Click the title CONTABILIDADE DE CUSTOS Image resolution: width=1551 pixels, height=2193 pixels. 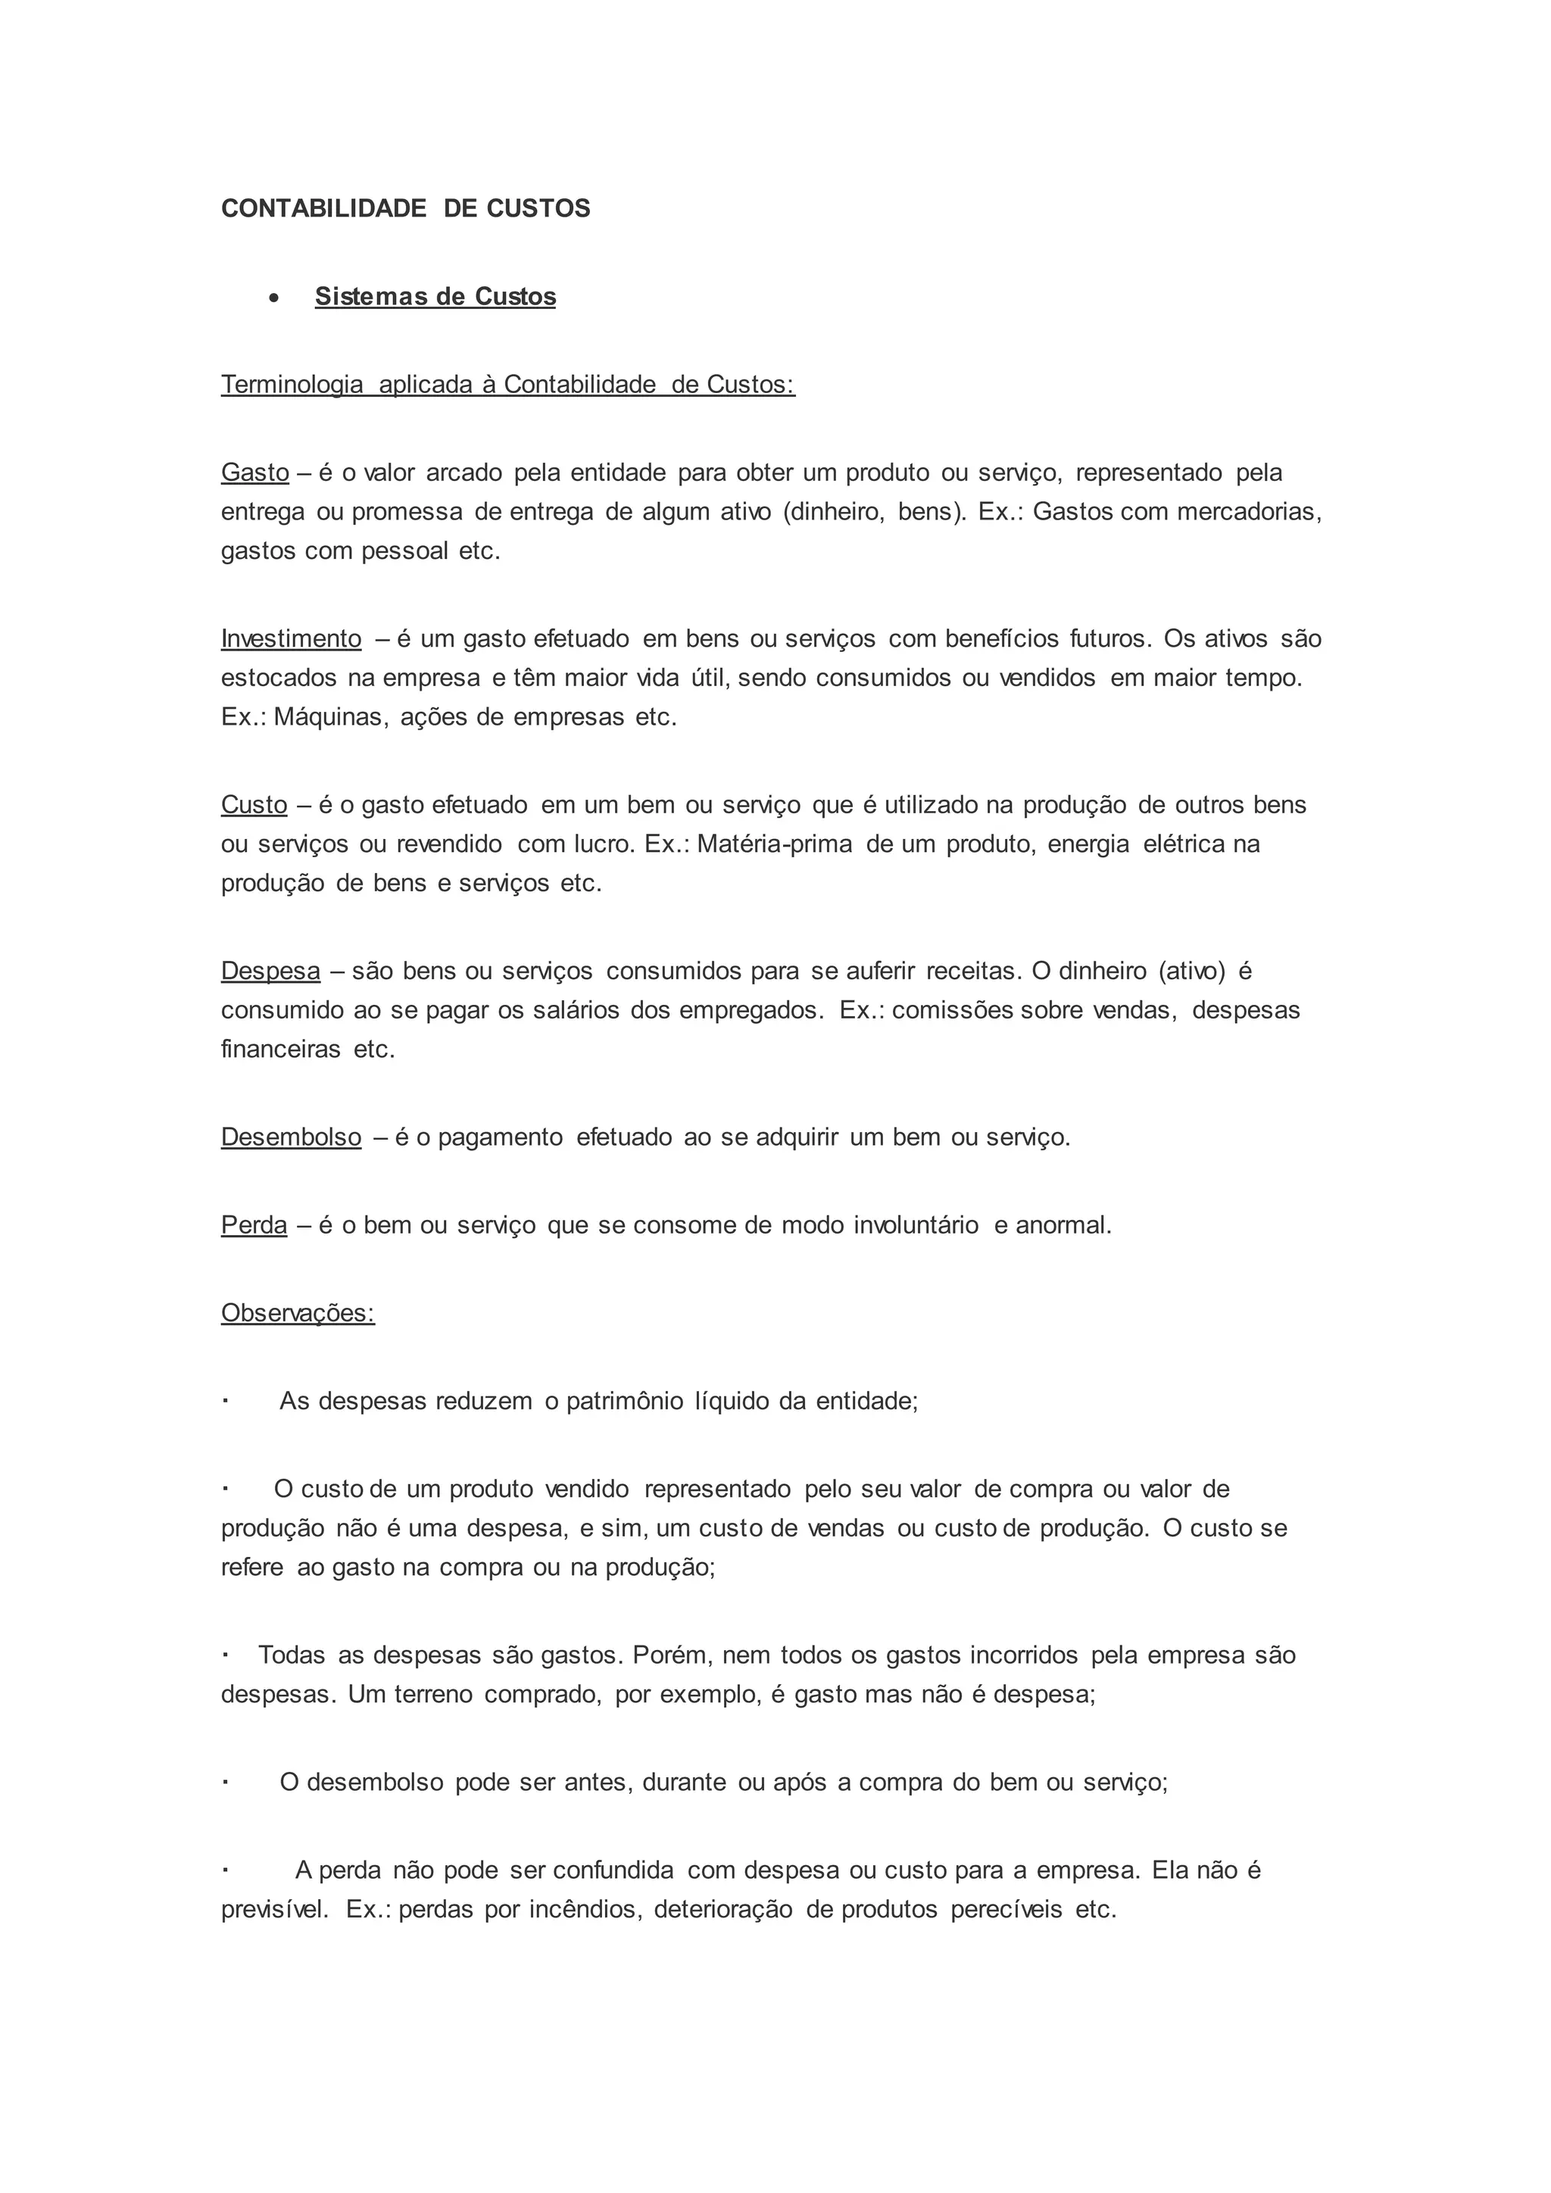pos(405,208)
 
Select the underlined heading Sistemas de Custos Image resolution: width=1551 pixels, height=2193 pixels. pos(435,296)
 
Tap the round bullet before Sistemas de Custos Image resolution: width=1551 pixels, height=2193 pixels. pos(275,299)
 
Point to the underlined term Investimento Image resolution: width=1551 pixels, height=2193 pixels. pos(292,638)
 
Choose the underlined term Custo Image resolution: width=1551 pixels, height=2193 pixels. pos(254,804)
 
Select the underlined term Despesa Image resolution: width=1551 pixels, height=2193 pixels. pos(270,971)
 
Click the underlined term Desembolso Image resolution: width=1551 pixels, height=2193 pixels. pos(292,1137)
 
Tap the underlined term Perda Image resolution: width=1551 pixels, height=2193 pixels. pos(254,1224)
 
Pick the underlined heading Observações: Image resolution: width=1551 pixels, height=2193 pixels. pos(298,1312)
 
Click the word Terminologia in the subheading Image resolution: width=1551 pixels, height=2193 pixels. pos(292,384)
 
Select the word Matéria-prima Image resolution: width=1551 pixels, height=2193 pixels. pos(775,844)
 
